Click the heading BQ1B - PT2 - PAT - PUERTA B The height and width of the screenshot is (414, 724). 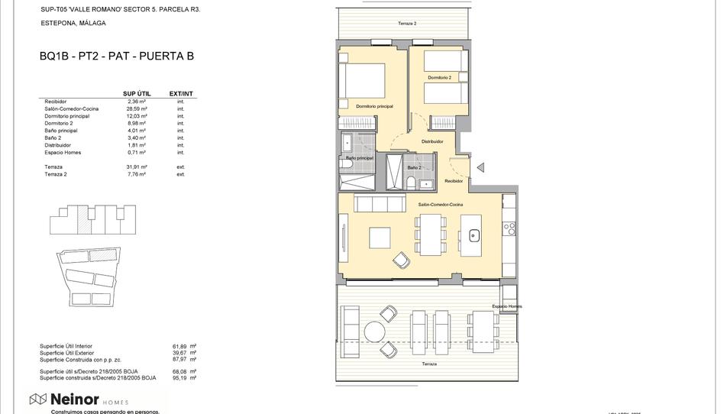pos(116,56)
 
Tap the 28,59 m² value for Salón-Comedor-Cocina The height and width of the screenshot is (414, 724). pos(137,109)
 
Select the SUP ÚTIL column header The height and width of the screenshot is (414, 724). pos(137,94)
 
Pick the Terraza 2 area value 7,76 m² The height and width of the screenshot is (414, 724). pos(137,174)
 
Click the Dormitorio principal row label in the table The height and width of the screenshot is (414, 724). pos(67,116)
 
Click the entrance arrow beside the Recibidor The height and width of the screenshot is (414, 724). pos(480,167)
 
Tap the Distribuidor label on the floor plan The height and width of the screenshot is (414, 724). pos(432,141)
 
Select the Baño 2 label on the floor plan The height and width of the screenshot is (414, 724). pos(414,167)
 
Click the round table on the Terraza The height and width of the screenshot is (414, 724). pos(374,331)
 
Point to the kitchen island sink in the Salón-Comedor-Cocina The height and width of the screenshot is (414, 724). pos(474,236)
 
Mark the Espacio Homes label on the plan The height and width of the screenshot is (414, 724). pos(507,306)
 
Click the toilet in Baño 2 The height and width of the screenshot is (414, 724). pos(411,182)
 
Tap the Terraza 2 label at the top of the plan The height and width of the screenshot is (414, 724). pos(407,24)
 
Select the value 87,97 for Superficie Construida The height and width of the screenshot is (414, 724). pos(179,359)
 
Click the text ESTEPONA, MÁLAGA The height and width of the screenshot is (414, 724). pos(73,24)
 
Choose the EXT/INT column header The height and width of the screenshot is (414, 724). pos(181,94)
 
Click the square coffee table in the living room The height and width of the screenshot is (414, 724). pos(380,238)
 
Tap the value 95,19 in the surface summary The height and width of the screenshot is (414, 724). pos(179,377)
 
